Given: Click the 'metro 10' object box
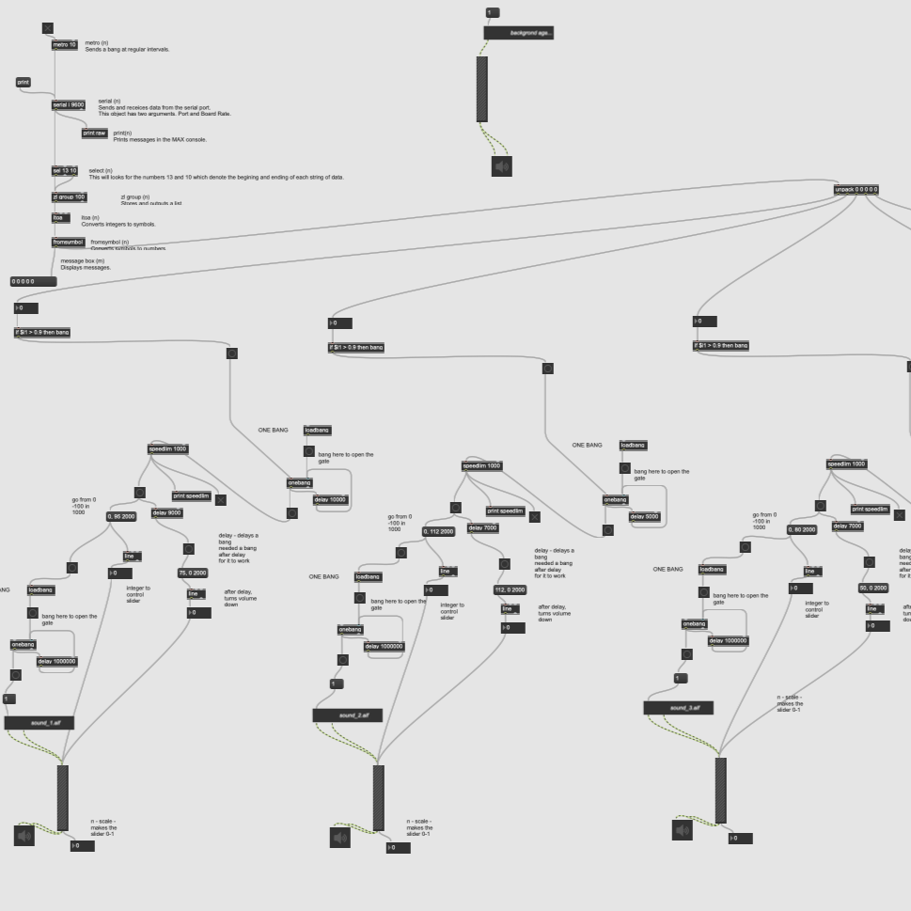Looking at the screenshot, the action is [x=65, y=44].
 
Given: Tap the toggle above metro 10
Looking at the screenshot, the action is [x=48, y=28].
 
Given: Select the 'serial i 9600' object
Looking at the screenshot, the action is [x=69, y=104].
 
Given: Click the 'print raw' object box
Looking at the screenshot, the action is [x=95, y=133].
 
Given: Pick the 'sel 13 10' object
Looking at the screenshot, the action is [x=65, y=170].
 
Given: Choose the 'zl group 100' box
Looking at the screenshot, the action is [x=69, y=196].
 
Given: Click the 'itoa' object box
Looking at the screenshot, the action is [x=60, y=217].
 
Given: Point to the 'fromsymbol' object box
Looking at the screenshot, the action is [x=68, y=242].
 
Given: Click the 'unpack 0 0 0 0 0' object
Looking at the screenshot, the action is [x=856, y=189].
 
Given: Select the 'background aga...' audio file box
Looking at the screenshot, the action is [x=519, y=33].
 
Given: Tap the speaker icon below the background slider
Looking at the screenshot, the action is [x=502, y=166].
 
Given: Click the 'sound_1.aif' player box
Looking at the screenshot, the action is [x=39, y=723].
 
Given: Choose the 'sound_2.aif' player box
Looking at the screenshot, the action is [x=347, y=715].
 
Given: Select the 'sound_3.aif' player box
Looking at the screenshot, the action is [x=678, y=707].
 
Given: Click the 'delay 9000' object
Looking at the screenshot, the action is [x=166, y=512].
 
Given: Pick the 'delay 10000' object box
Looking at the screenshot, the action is [x=330, y=499].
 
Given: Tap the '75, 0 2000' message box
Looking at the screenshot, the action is [x=193, y=573].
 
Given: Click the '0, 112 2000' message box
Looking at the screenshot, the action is [x=439, y=531].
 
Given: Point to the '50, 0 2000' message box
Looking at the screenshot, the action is [x=873, y=588].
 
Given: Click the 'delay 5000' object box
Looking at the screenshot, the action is [x=645, y=516].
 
